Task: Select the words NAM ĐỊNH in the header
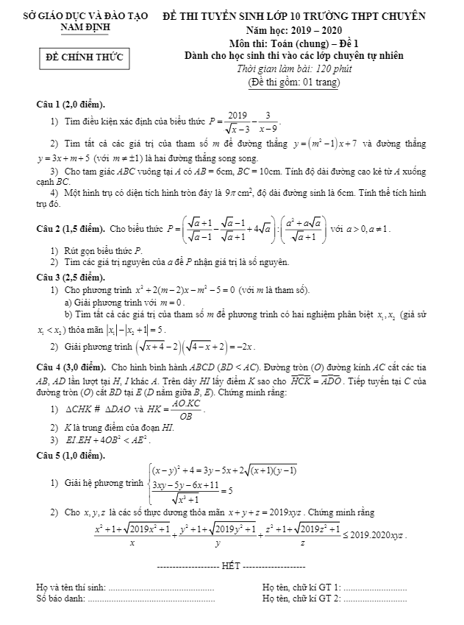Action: (x=82, y=27)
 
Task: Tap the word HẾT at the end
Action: (x=231, y=567)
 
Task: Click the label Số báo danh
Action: (x=60, y=598)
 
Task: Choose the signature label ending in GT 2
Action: (x=301, y=598)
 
